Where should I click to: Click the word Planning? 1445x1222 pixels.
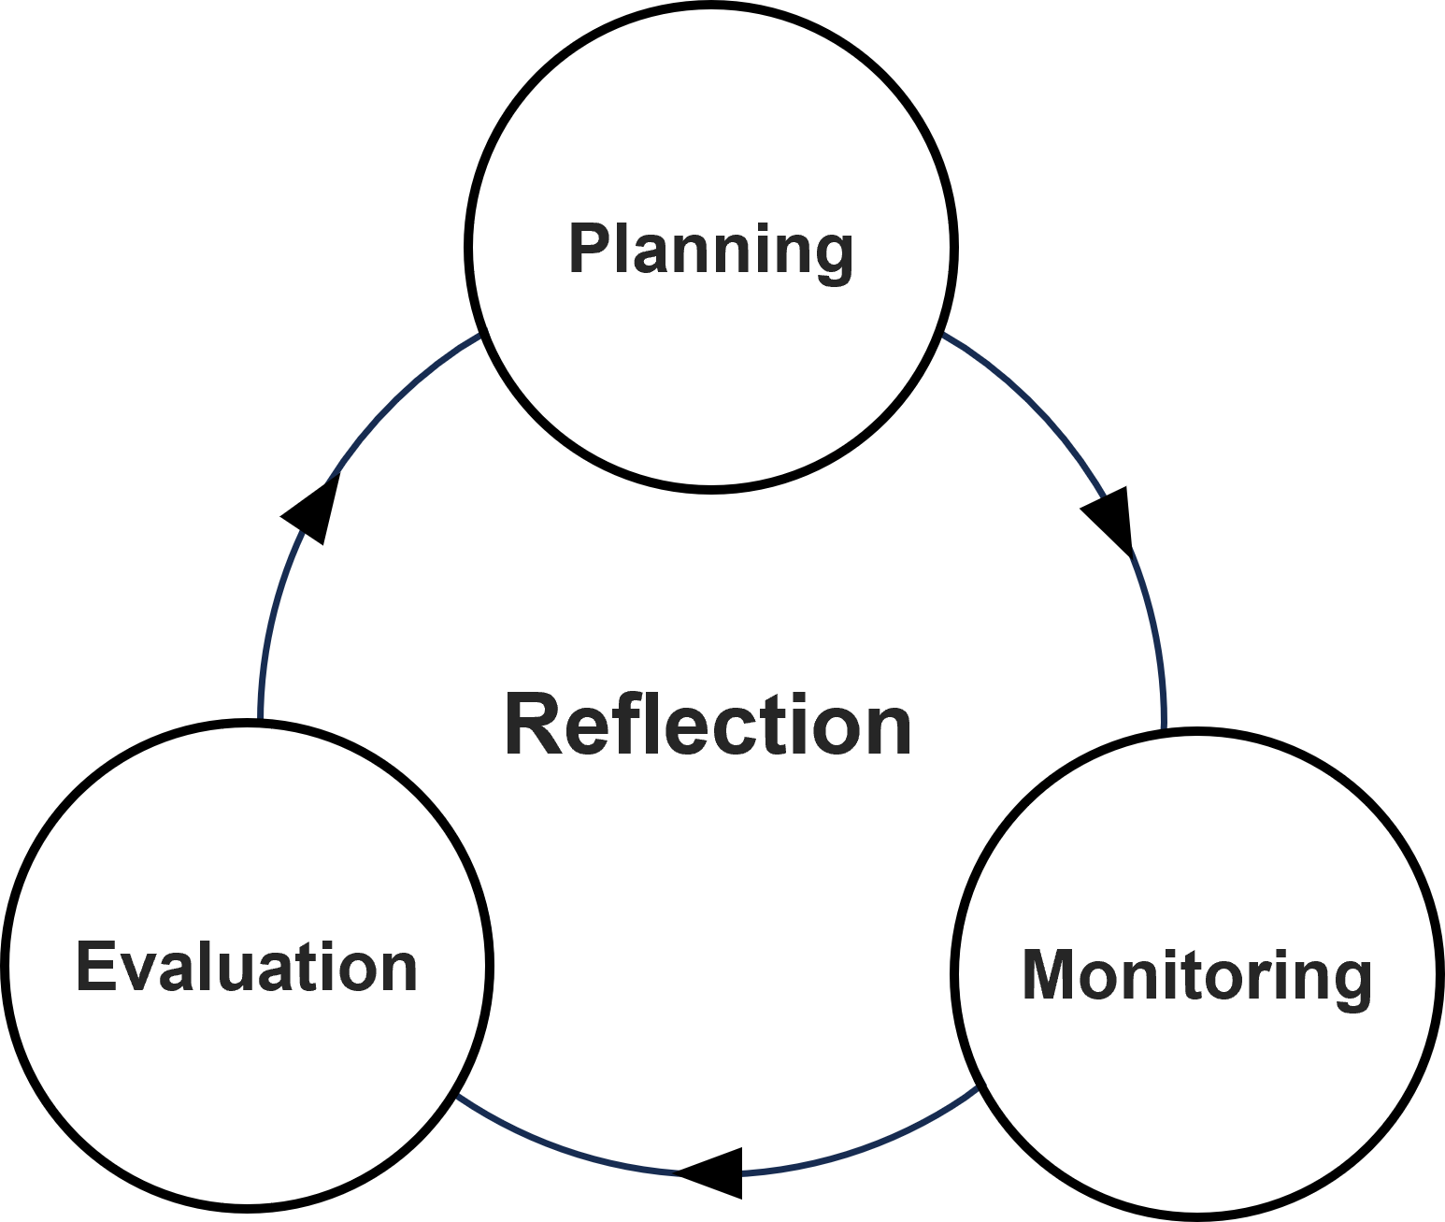point(710,250)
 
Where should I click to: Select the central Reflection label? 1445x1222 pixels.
point(708,726)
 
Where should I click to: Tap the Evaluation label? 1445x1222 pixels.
point(247,967)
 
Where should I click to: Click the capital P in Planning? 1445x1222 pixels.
point(589,249)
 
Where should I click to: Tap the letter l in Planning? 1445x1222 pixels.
point(622,249)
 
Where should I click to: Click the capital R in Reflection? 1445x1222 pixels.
point(534,726)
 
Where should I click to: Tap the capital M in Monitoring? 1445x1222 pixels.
point(1050,975)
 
